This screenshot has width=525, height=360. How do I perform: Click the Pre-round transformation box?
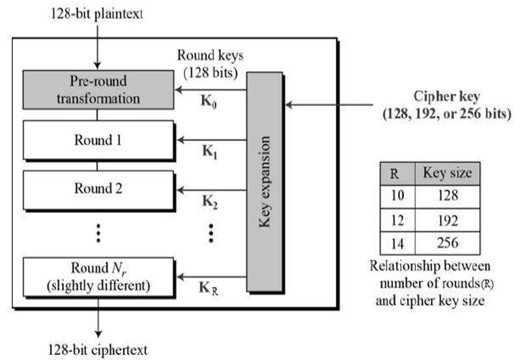click(x=97, y=91)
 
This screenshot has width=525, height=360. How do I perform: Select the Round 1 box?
click(x=97, y=139)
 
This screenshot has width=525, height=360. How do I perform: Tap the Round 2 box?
click(x=97, y=188)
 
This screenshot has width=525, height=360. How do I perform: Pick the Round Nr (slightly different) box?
click(x=97, y=275)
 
